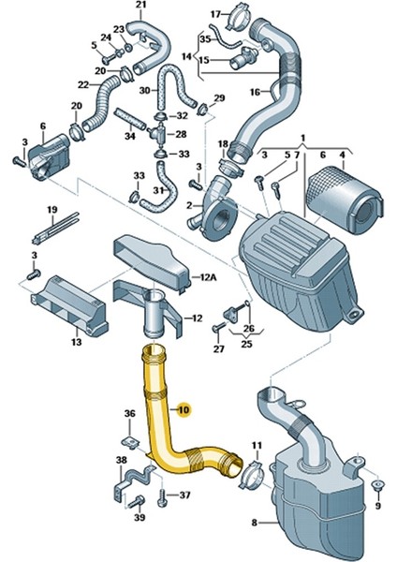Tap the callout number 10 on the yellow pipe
[183, 409]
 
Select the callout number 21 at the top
[140, 10]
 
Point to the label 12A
[206, 278]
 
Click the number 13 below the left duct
[76, 343]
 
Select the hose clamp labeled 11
[255, 477]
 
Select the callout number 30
[144, 91]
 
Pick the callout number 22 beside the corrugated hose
[82, 85]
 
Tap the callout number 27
[218, 349]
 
